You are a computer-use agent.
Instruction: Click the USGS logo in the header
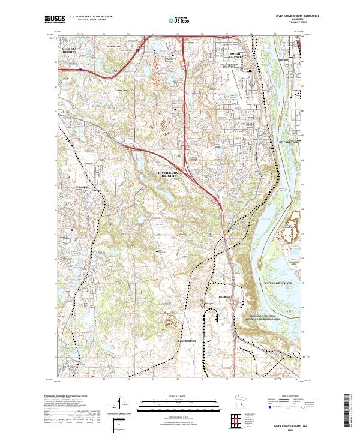point(53,19)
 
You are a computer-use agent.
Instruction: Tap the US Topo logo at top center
point(173,19)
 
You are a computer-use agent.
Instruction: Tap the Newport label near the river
point(284,61)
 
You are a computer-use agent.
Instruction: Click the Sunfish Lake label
point(114,46)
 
